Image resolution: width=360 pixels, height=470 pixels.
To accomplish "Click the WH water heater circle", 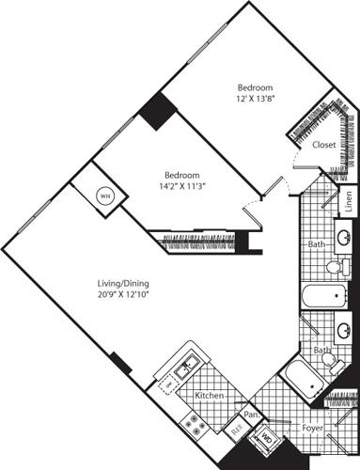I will click(105, 197).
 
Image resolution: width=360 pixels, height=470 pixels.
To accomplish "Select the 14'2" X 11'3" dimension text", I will click(181, 186).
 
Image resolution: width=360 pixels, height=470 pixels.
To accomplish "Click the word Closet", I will click(325, 145).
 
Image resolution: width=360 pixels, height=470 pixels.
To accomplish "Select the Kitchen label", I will click(208, 396).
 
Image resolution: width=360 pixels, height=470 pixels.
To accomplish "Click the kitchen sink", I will click(189, 361).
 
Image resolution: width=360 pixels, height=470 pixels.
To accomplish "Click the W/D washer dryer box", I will click(266, 437).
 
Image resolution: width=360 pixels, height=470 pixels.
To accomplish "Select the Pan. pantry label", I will click(251, 414).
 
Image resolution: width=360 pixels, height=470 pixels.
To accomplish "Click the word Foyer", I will click(312, 428).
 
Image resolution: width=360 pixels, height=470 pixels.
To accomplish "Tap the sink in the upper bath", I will click(342, 236).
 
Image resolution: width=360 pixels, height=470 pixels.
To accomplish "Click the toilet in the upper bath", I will click(335, 268).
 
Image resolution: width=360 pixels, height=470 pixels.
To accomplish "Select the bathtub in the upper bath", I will click(314, 299).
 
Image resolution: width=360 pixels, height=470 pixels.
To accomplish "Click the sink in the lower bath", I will click(343, 331).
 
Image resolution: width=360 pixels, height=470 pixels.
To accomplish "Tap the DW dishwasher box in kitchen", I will click(170, 384).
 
